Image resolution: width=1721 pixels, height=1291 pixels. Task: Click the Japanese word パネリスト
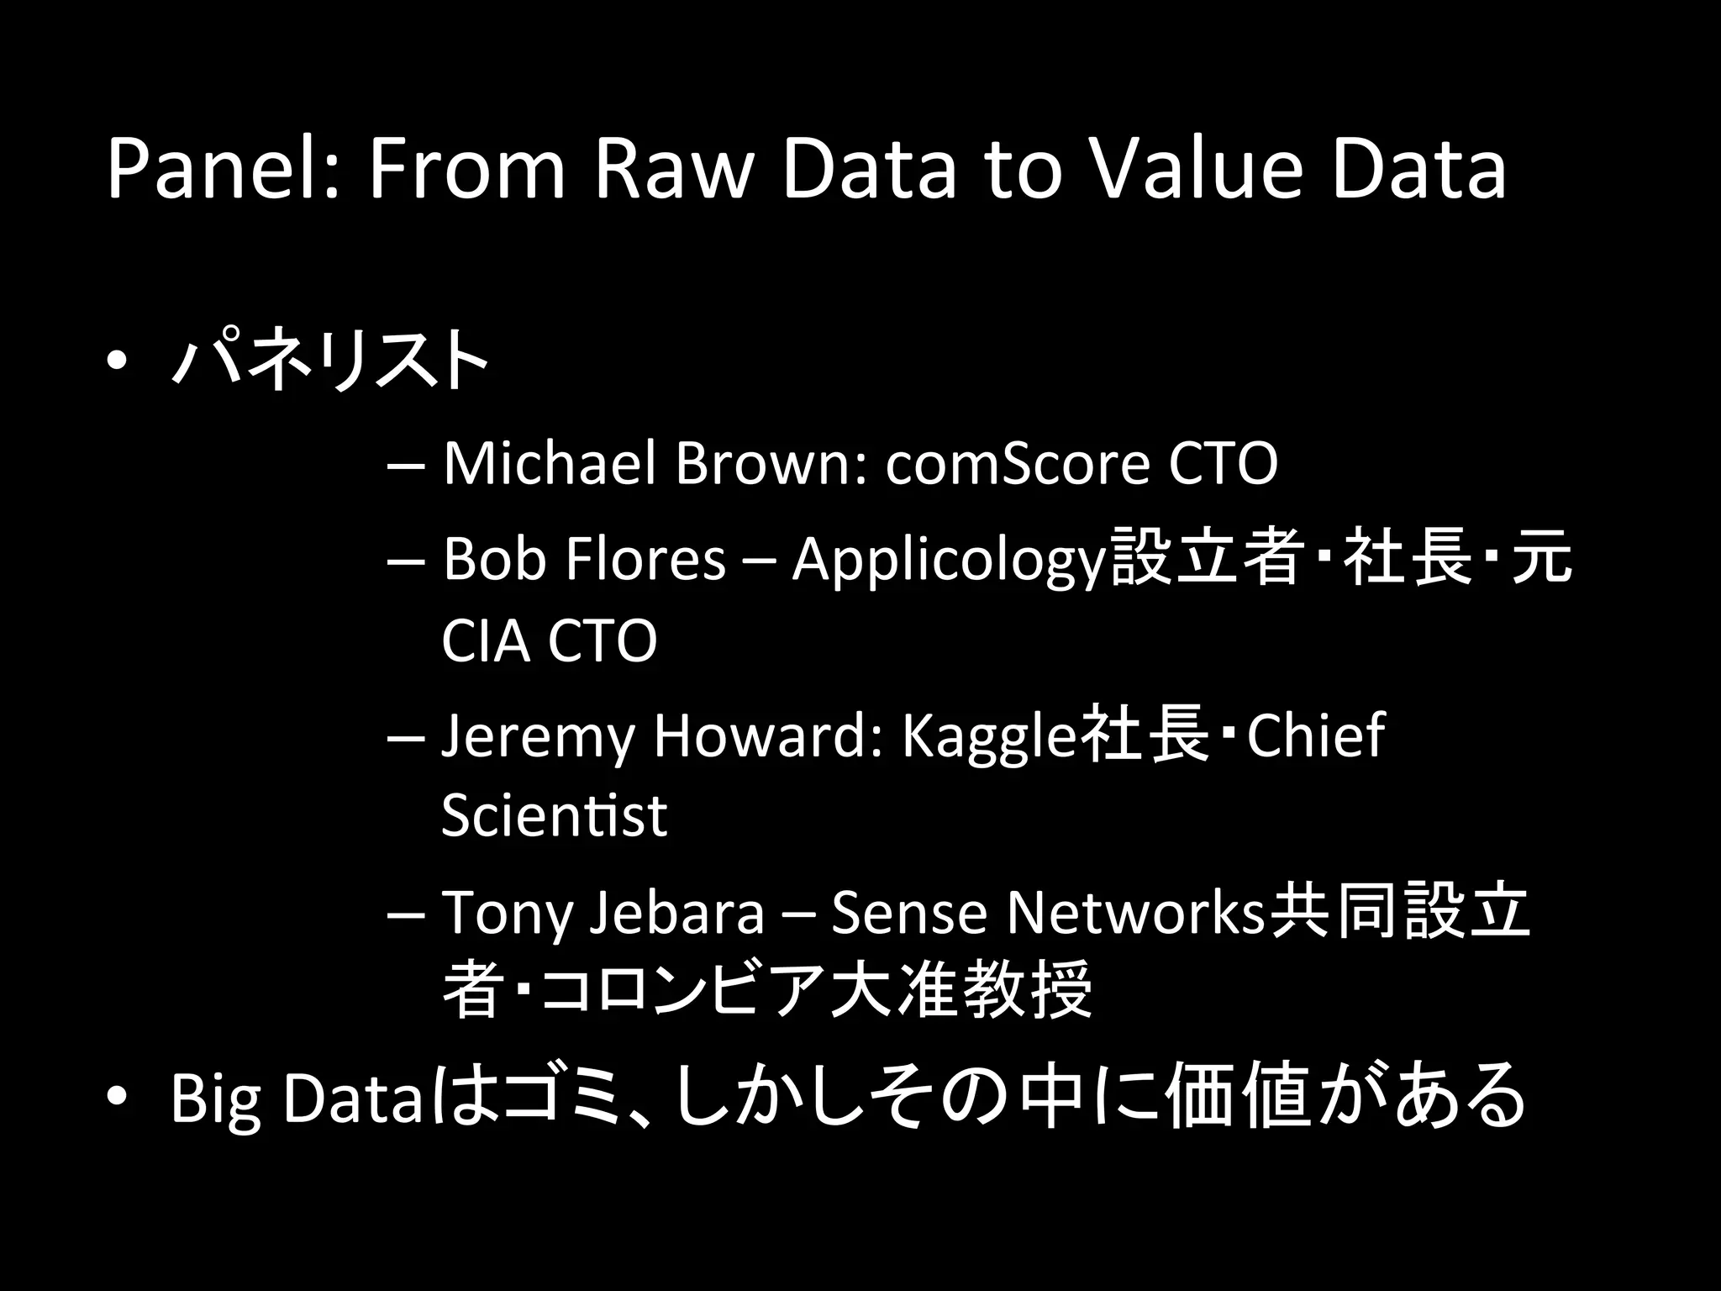coord(329,360)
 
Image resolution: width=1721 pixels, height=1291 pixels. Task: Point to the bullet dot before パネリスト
coord(118,361)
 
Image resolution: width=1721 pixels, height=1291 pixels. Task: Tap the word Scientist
coord(554,814)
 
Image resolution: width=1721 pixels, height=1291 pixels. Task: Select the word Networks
coord(1135,913)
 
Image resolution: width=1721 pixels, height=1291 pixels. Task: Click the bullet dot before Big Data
coord(118,1097)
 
